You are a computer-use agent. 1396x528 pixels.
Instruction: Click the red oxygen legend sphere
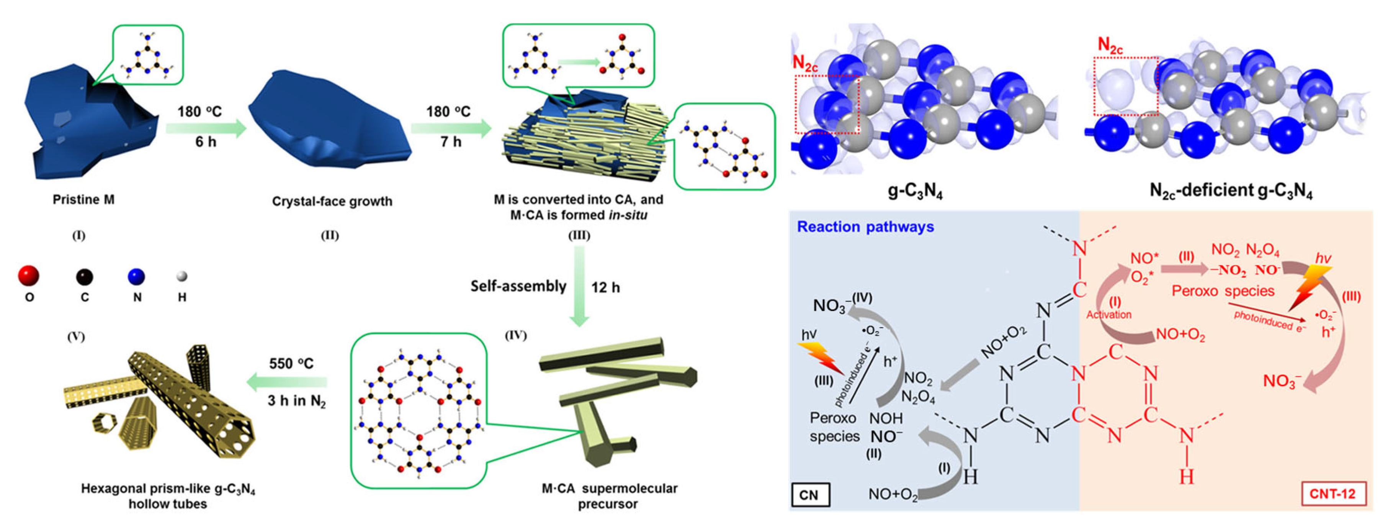(28, 275)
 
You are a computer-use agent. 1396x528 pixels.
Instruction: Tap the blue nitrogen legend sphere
(136, 277)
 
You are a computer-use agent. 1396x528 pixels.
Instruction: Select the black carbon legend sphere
(84, 277)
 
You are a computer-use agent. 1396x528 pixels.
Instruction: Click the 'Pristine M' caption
(83, 200)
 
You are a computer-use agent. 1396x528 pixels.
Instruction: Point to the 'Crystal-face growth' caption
(332, 201)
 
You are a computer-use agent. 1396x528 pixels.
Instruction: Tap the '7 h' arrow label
(450, 142)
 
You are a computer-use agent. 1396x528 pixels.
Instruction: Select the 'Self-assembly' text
(518, 286)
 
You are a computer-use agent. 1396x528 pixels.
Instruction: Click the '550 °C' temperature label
(291, 363)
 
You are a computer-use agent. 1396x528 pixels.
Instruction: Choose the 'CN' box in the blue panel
(810, 494)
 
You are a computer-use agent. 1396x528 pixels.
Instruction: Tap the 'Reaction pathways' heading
(865, 226)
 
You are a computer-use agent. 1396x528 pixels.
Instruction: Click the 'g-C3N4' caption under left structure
(915, 191)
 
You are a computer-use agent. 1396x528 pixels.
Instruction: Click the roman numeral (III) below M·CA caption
(579, 235)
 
